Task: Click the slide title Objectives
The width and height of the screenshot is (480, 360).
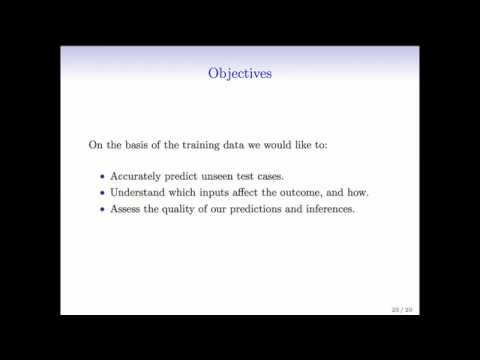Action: pos(240,73)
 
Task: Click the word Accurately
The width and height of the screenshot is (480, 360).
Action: pos(140,175)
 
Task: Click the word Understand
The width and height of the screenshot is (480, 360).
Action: pos(142,192)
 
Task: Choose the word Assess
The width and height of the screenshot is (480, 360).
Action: pos(129,208)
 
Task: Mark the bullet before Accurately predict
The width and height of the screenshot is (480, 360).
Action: pos(102,175)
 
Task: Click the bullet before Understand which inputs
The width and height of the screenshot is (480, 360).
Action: pos(102,192)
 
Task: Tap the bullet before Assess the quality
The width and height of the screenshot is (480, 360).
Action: pos(102,208)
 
